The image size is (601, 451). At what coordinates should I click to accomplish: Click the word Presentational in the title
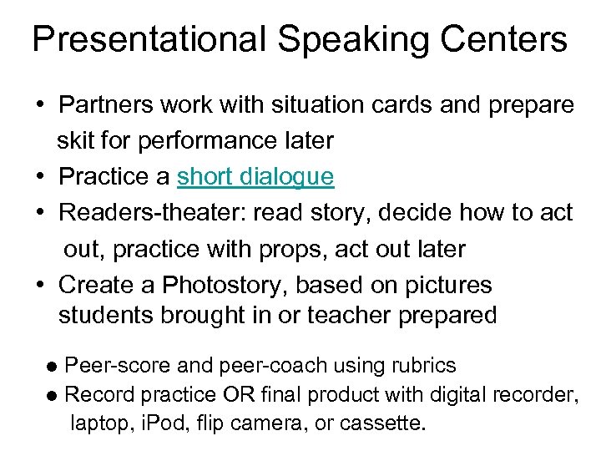(x=147, y=40)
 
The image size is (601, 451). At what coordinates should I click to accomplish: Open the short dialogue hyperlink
(x=255, y=177)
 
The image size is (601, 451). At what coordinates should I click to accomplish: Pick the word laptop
(x=96, y=423)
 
